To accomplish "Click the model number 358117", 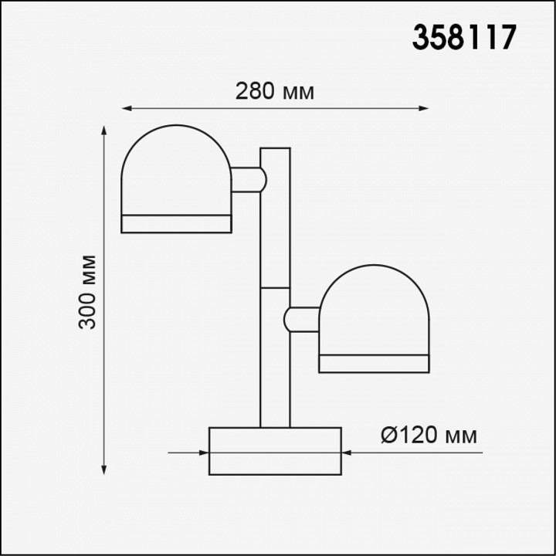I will tap(463, 37).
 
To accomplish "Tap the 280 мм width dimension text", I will tap(275, 91).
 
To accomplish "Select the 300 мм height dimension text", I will tap(89, 291).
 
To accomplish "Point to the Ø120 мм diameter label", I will tap(429, 436).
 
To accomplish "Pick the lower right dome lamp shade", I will tap(374, 312).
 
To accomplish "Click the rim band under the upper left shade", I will tap(176, 224).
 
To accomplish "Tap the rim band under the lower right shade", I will tap(374, 364).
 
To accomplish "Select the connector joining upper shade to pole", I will tap(248, 179).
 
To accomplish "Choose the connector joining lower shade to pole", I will tap(302, 319).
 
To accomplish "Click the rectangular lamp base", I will tap(275, 451).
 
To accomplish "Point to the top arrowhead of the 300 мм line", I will tap(105, 131).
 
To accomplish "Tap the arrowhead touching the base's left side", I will tap(203, 453).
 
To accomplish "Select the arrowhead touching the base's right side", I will tap(347, 453).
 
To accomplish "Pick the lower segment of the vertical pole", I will tap(275, 363).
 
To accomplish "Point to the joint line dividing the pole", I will tap(275, 288).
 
